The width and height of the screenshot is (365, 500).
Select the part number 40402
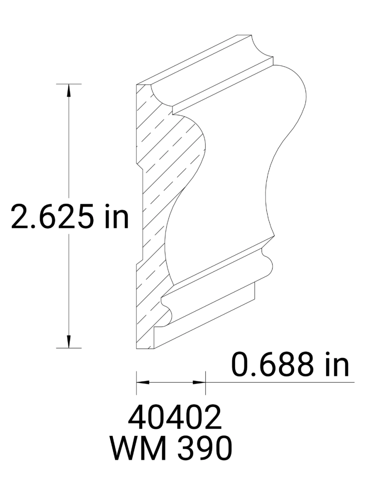point(174,419)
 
